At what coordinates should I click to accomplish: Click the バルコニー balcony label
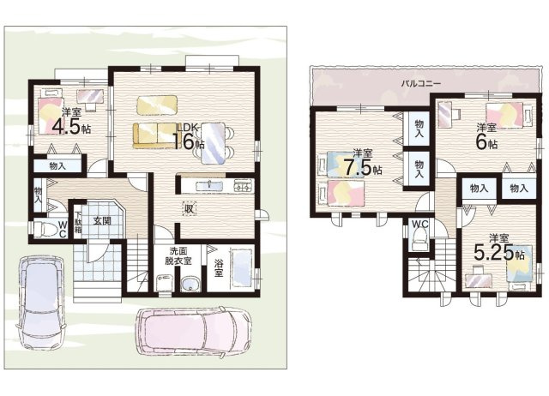click(x=420, y=84)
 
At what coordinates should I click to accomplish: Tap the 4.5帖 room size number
click(x=71, y=127)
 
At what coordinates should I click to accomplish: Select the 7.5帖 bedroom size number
click(x=362, y=167)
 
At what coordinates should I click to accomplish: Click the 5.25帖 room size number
click(x=499, y=252)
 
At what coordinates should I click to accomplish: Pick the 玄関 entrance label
click(x=102, y=221)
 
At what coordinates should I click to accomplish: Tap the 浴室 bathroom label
click(x=219, y=267)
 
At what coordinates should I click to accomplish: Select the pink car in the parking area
click(x=194, y=331)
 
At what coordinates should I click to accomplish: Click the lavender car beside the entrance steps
click(x=41, y=302)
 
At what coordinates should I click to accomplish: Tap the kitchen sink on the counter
click(x=208, y=186)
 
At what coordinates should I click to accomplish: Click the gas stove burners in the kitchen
click(x=244, y=186)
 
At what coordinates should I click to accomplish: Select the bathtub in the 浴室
click(x=242, y=267)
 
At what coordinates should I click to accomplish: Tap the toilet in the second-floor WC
click(x=419, y=240)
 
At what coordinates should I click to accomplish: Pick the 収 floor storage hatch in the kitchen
click(x=189, y=209)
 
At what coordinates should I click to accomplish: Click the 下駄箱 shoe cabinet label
click(x=77, y=223)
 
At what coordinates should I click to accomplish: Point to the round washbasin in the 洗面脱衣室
click(x=190, y=284)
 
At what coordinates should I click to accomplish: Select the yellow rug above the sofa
click(x=157, y=105)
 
